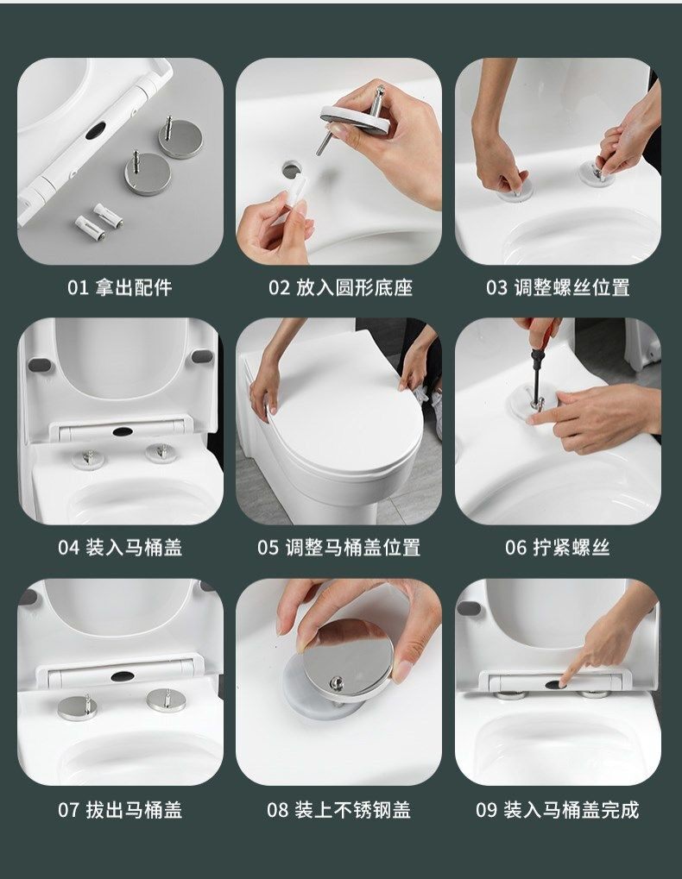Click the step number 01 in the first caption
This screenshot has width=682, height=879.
pos(78,287)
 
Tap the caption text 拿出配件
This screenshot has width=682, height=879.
pos(134,287)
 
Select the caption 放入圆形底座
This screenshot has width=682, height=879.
pos(355,287)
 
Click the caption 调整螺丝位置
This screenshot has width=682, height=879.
pos(572,287)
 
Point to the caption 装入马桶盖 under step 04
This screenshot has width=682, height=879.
pos(134,547)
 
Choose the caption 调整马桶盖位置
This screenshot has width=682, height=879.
pos(353,547)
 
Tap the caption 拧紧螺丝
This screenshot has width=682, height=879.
pos(571,547)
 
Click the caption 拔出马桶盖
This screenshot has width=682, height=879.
pos(134,809)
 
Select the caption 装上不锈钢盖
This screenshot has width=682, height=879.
pos(353,809)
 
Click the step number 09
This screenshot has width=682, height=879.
pos(486,810)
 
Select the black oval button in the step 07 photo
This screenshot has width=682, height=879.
pos(123,676)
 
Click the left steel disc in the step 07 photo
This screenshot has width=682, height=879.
pos(78,707)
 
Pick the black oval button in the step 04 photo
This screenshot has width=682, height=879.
pos(123,431)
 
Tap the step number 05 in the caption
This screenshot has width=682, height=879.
pos(268,548)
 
